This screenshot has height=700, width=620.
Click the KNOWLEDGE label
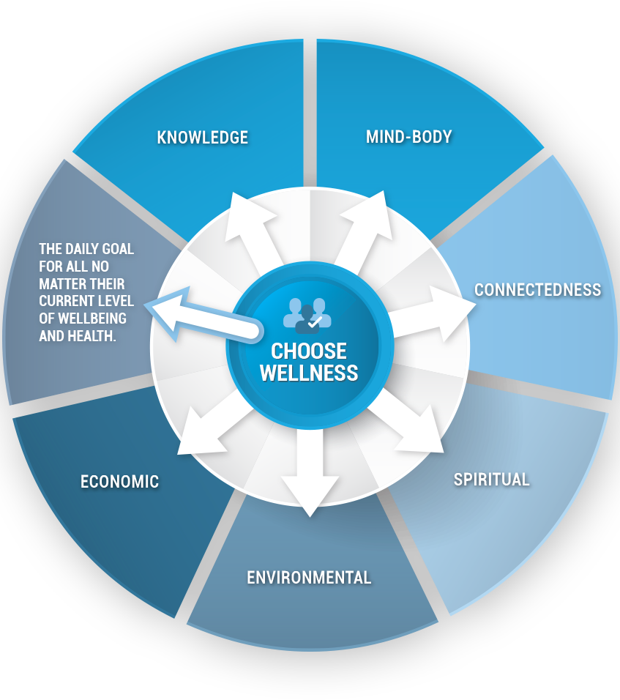(x=203, y=138)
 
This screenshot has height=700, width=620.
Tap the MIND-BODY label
(x=409, y=137)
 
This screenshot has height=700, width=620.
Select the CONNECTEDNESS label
(x=537, y=290)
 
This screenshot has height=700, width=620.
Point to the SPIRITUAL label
(x=491, y=480)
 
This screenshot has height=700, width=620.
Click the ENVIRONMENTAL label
(x=309, y=578)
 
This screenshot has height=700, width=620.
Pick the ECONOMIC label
(x=119, y=482)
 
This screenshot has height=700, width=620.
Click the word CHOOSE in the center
(x=309, y=351)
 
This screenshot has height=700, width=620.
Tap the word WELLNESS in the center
(x=309, y=373)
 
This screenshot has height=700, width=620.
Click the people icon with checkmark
(x=307, y=316)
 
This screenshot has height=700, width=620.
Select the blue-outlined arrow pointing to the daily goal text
(x=203, y=315)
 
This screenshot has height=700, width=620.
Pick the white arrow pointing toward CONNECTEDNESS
(x=428, y=316)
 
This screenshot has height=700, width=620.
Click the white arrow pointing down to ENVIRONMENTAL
(x=310, y=471)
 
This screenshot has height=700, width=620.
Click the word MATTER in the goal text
(x=59, y=283)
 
